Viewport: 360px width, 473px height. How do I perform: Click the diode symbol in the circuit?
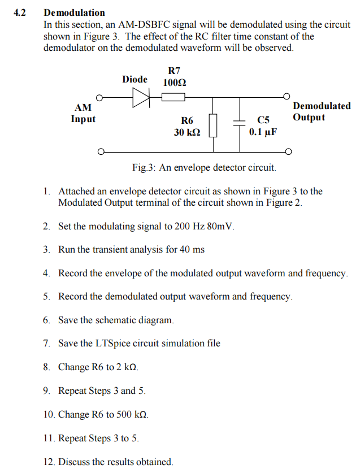click(140, 97)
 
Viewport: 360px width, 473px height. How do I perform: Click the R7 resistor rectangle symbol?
click(174, 97)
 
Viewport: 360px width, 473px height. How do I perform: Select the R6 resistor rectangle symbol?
click(213, 125)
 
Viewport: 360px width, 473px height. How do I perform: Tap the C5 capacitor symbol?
click(240, 125)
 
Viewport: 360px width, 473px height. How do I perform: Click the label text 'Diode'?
click(135, 79)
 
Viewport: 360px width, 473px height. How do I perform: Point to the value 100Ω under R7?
click(174, 83)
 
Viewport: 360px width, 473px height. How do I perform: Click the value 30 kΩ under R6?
click(186, 132)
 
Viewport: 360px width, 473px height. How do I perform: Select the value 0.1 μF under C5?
click(263, 132)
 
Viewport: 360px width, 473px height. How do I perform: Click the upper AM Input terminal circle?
click(101, 97)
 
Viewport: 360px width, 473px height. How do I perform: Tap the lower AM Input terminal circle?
click(101, 151)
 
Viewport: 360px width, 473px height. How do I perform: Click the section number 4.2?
click(20, 12)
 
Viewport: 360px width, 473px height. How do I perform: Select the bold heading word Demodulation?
click(74, 12)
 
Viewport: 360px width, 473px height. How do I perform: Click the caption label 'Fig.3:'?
click(144, 168)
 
